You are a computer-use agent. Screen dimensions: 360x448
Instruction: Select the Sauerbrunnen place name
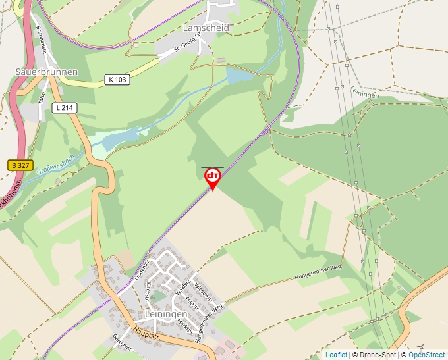[x=47, y=72]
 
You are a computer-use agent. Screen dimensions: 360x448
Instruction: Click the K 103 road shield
[x=117, y=80]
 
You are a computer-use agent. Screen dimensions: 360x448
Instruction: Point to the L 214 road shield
[x=65, y=107]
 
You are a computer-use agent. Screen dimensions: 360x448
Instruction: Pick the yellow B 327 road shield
[x=21, y=166]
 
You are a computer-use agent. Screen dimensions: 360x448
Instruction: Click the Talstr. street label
[x=41, y=97]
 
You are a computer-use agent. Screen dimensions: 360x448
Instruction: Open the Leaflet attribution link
[x=336, y=355]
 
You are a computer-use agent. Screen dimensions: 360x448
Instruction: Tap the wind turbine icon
[x=421, y=347]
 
